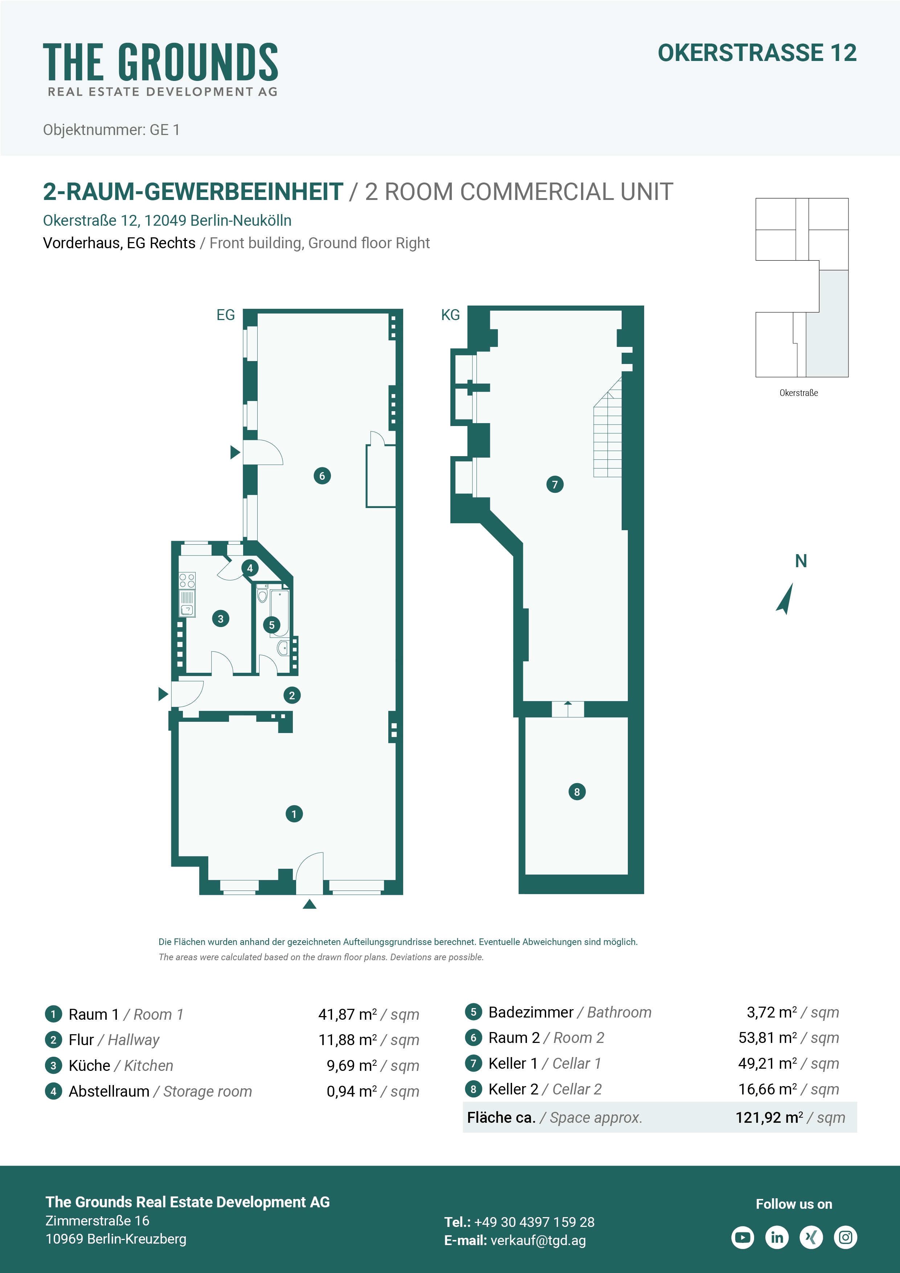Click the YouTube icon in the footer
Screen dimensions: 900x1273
click(x=742, y=1237)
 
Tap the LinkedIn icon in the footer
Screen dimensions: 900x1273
click(x=777, y=1237)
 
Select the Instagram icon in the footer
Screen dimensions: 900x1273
click(x=846, y=1237)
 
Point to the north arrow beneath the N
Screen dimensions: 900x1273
click(x=785, y=599)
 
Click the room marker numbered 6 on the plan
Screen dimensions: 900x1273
click(x=322, y=476)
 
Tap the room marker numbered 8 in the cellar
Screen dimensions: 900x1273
click(x=577, y=792)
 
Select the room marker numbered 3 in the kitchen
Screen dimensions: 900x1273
click(x=221, y=619)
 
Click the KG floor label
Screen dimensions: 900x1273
click(x=450, y=315)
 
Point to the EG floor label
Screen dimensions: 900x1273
click(x=226, y=315)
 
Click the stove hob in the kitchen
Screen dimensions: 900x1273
click(x=187, y=581)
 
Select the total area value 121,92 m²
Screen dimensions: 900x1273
click(x=770, y=1117)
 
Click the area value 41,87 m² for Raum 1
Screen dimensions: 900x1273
click(x=348, y=1015)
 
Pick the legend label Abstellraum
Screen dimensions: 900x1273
click(x=109, y=1091)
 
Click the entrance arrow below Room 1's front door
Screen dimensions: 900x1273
click(x=310, y=904)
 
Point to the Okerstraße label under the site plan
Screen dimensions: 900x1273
click(x=798, y=393)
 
